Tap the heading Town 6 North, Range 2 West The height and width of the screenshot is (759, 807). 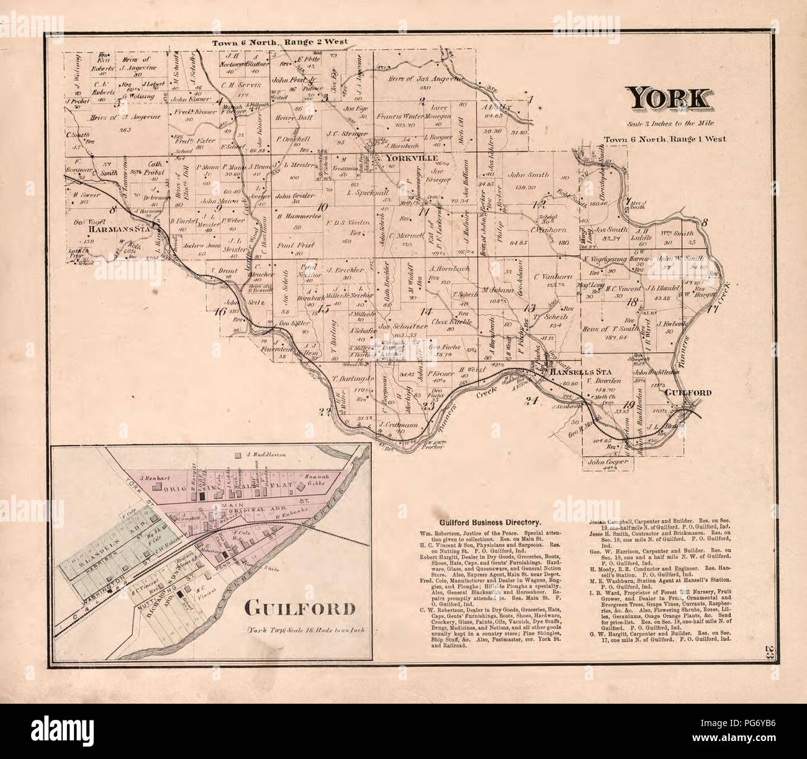point(279,42)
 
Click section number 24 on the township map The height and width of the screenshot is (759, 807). point(530,400)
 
